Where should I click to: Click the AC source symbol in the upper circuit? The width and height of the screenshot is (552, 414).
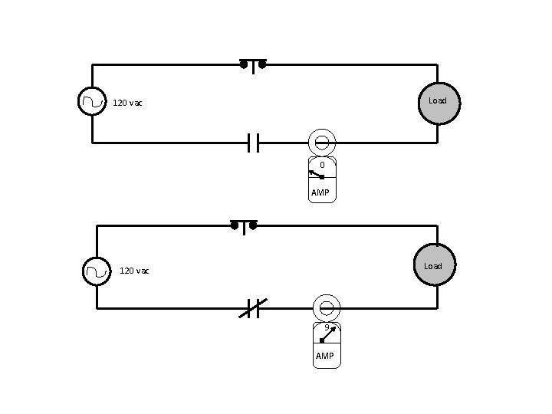point(92,100)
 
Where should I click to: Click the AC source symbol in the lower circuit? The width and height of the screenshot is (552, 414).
point(97,271)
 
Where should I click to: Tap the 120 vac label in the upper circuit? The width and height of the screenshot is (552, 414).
point(127,103)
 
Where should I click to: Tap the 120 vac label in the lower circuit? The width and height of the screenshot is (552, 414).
point(134,271)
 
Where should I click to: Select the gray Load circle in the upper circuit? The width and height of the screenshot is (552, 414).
point(438,102)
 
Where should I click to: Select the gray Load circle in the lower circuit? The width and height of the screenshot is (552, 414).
point(434,265)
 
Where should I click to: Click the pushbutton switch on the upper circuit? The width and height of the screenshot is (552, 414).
point(253,65)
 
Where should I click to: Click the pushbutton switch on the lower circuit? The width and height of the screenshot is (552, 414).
point(244,227)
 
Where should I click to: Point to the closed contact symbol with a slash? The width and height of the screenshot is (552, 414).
point(251,308)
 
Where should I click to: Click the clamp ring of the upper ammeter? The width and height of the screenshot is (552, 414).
point(322,142)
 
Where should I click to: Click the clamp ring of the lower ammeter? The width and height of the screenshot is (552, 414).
point(327,308)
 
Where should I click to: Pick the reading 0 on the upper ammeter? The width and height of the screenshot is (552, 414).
point(322,165)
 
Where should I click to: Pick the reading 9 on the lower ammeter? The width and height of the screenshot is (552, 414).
point(327,327)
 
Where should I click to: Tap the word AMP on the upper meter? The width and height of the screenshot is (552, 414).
point(320,192)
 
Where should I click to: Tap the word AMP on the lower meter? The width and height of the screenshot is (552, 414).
point(324,356)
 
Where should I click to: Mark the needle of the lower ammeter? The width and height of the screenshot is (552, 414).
point(327,335)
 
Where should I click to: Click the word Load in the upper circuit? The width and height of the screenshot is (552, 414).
point(438,100)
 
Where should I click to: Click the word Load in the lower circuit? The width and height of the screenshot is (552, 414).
point(433,266)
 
